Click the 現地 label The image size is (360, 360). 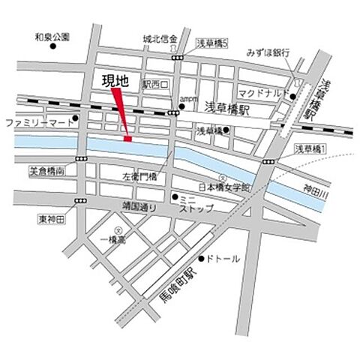click(114, 80)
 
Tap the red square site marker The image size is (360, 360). click(127, 138)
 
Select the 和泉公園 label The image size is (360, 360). click(52, 35)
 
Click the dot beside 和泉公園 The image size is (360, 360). click(54, 46)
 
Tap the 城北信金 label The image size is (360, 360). click(159, 39)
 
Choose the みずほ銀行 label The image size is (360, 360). click(268, 53)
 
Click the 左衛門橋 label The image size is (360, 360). click(139, 177)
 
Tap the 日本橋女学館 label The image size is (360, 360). click(223, 185)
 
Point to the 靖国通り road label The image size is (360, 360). click(138, 205)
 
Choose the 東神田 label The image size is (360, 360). click(51, 219)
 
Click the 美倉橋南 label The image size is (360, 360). click(46, 171)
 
